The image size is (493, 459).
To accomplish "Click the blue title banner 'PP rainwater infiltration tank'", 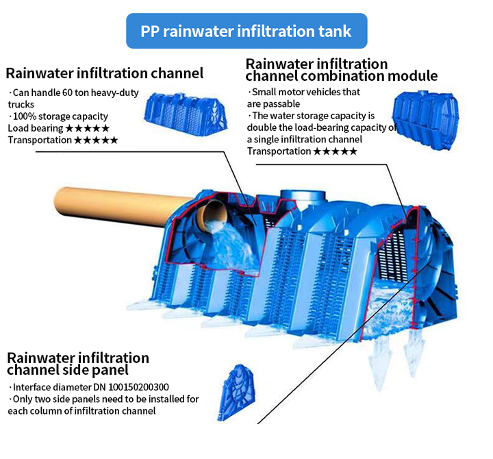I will (246, 31).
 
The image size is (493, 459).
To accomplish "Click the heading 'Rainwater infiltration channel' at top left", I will (105, 73).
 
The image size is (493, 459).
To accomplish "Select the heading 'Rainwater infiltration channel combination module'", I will (341, 70).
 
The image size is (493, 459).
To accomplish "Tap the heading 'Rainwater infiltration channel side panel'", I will (77, 364).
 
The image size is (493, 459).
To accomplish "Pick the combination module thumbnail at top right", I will (425, 114).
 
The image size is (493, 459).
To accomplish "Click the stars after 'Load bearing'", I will (87, 128).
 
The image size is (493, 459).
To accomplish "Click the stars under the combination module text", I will (335, 151).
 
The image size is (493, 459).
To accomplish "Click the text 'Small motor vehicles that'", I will (305, 92).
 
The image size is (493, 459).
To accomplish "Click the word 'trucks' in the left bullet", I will (21, 104).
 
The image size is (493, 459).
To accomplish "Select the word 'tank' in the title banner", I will (335, 31).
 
